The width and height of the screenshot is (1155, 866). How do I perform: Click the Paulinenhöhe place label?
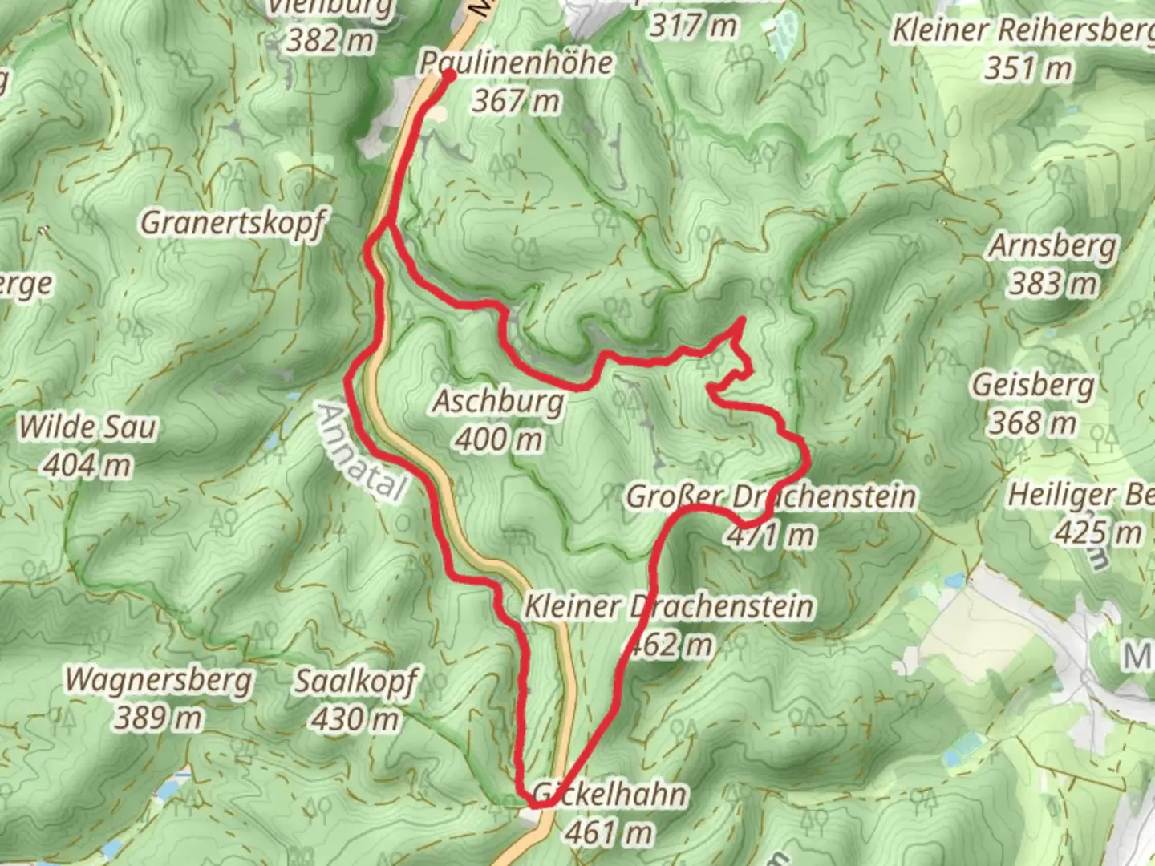[517, 63]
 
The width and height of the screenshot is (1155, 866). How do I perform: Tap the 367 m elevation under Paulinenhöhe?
[516, 101]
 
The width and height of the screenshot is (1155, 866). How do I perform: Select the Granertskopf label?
[233, 222]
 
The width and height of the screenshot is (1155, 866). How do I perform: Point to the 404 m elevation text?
[87, 465]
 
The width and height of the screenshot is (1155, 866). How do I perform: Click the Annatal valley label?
[360, 452]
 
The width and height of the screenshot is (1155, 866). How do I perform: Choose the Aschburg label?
[498, 401]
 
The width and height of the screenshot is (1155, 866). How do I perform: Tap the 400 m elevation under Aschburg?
[498, 439]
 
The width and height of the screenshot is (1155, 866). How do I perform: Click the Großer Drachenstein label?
[770, 496]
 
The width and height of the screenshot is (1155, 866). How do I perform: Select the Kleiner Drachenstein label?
[668, 606]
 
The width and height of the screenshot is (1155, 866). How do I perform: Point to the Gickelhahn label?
[610, 795]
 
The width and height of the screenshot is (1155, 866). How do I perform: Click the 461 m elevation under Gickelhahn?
[608, 833]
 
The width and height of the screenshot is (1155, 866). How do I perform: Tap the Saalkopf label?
[355, 682]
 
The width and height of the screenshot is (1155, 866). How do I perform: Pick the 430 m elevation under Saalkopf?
[355, 719]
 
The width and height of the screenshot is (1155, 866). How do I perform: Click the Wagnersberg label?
[159, 679]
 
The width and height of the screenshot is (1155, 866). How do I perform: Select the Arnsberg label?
[1052, 245]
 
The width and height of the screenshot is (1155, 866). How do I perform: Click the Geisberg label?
[1033, 385]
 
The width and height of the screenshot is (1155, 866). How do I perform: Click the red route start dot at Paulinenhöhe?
[448, 75]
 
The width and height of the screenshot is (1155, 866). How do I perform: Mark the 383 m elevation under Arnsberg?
[1052, 283]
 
